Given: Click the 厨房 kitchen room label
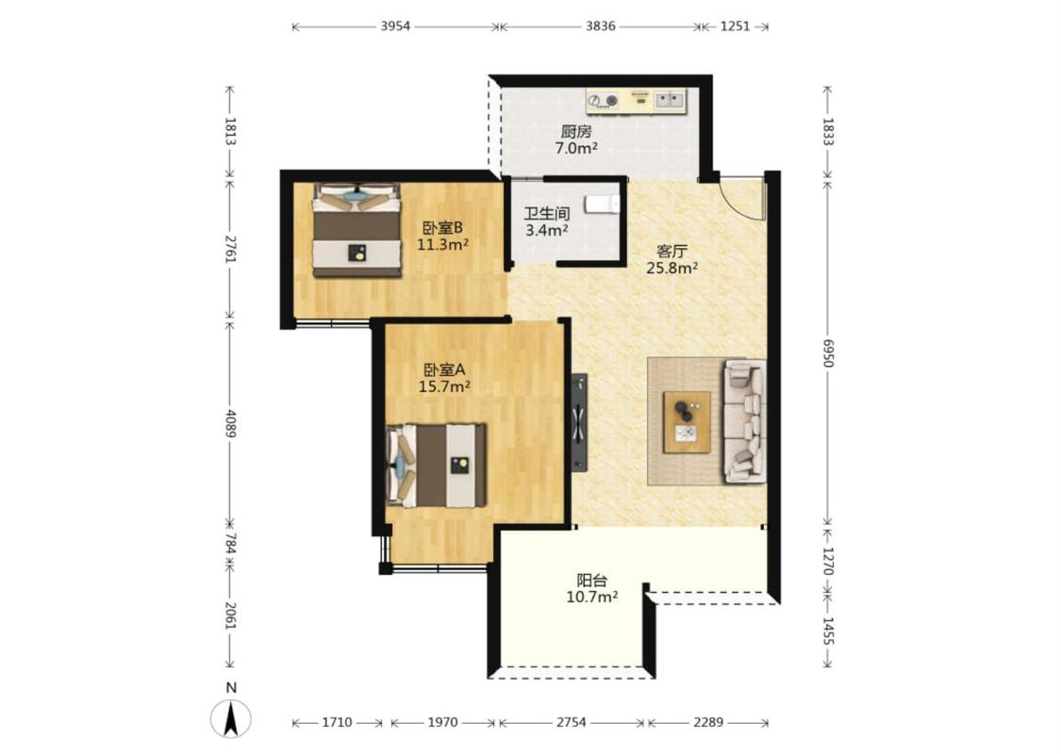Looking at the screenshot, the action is click(576, 132).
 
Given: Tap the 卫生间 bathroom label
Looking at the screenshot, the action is click(547, 214).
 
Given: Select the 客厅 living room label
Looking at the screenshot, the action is click(671, 252).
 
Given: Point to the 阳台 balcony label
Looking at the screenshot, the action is click(592, 581).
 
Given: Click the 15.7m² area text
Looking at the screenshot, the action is click(444, 386).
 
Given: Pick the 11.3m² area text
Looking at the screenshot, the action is click(442, 245).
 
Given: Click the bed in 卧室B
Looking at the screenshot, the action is click(356, 230).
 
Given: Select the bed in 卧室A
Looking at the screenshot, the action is click(437, 466).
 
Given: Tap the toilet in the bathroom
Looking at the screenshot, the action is click(602, 205).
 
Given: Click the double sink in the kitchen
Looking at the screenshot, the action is click(670, 101).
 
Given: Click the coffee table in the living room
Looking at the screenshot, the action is click(687, 422).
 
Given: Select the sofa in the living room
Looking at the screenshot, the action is click(745, 421).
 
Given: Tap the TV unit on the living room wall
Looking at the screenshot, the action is click(579, 422).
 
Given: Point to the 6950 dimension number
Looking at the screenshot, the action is click(827, 353).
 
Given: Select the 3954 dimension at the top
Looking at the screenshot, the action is click(395, 26).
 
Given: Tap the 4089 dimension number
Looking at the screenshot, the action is click(231, 423).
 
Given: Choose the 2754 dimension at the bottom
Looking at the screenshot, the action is click(572, 722).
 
